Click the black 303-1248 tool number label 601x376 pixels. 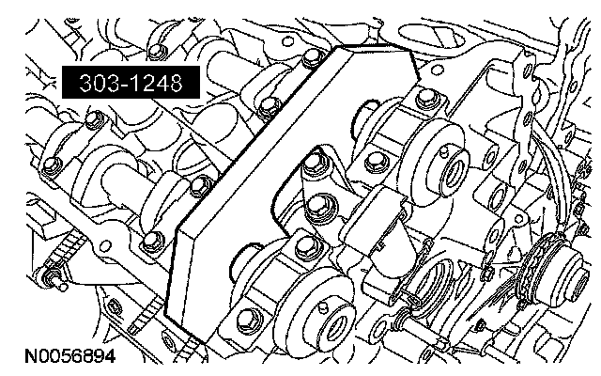(131, 82)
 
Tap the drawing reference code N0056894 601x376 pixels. (70, 356)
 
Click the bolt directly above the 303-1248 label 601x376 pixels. (156, 51)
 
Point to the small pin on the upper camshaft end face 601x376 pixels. (444, 150)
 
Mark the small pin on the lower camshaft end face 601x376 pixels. (324, 306)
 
